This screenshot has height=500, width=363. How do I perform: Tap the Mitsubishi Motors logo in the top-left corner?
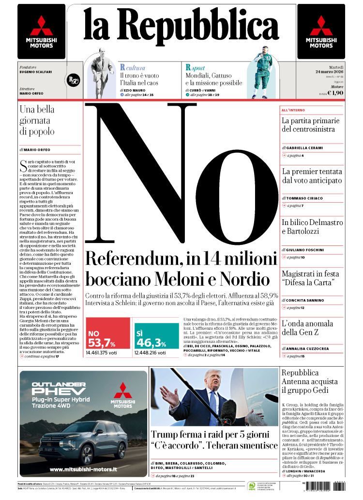(x=41, y=32)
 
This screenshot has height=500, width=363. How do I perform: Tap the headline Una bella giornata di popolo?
(x=38, y=120)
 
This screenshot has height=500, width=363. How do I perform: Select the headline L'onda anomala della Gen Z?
(x=307, y=328)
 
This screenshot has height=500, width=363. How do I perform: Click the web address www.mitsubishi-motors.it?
(x=83, y=469)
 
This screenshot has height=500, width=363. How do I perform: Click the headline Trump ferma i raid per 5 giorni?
(x=211, y=435)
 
